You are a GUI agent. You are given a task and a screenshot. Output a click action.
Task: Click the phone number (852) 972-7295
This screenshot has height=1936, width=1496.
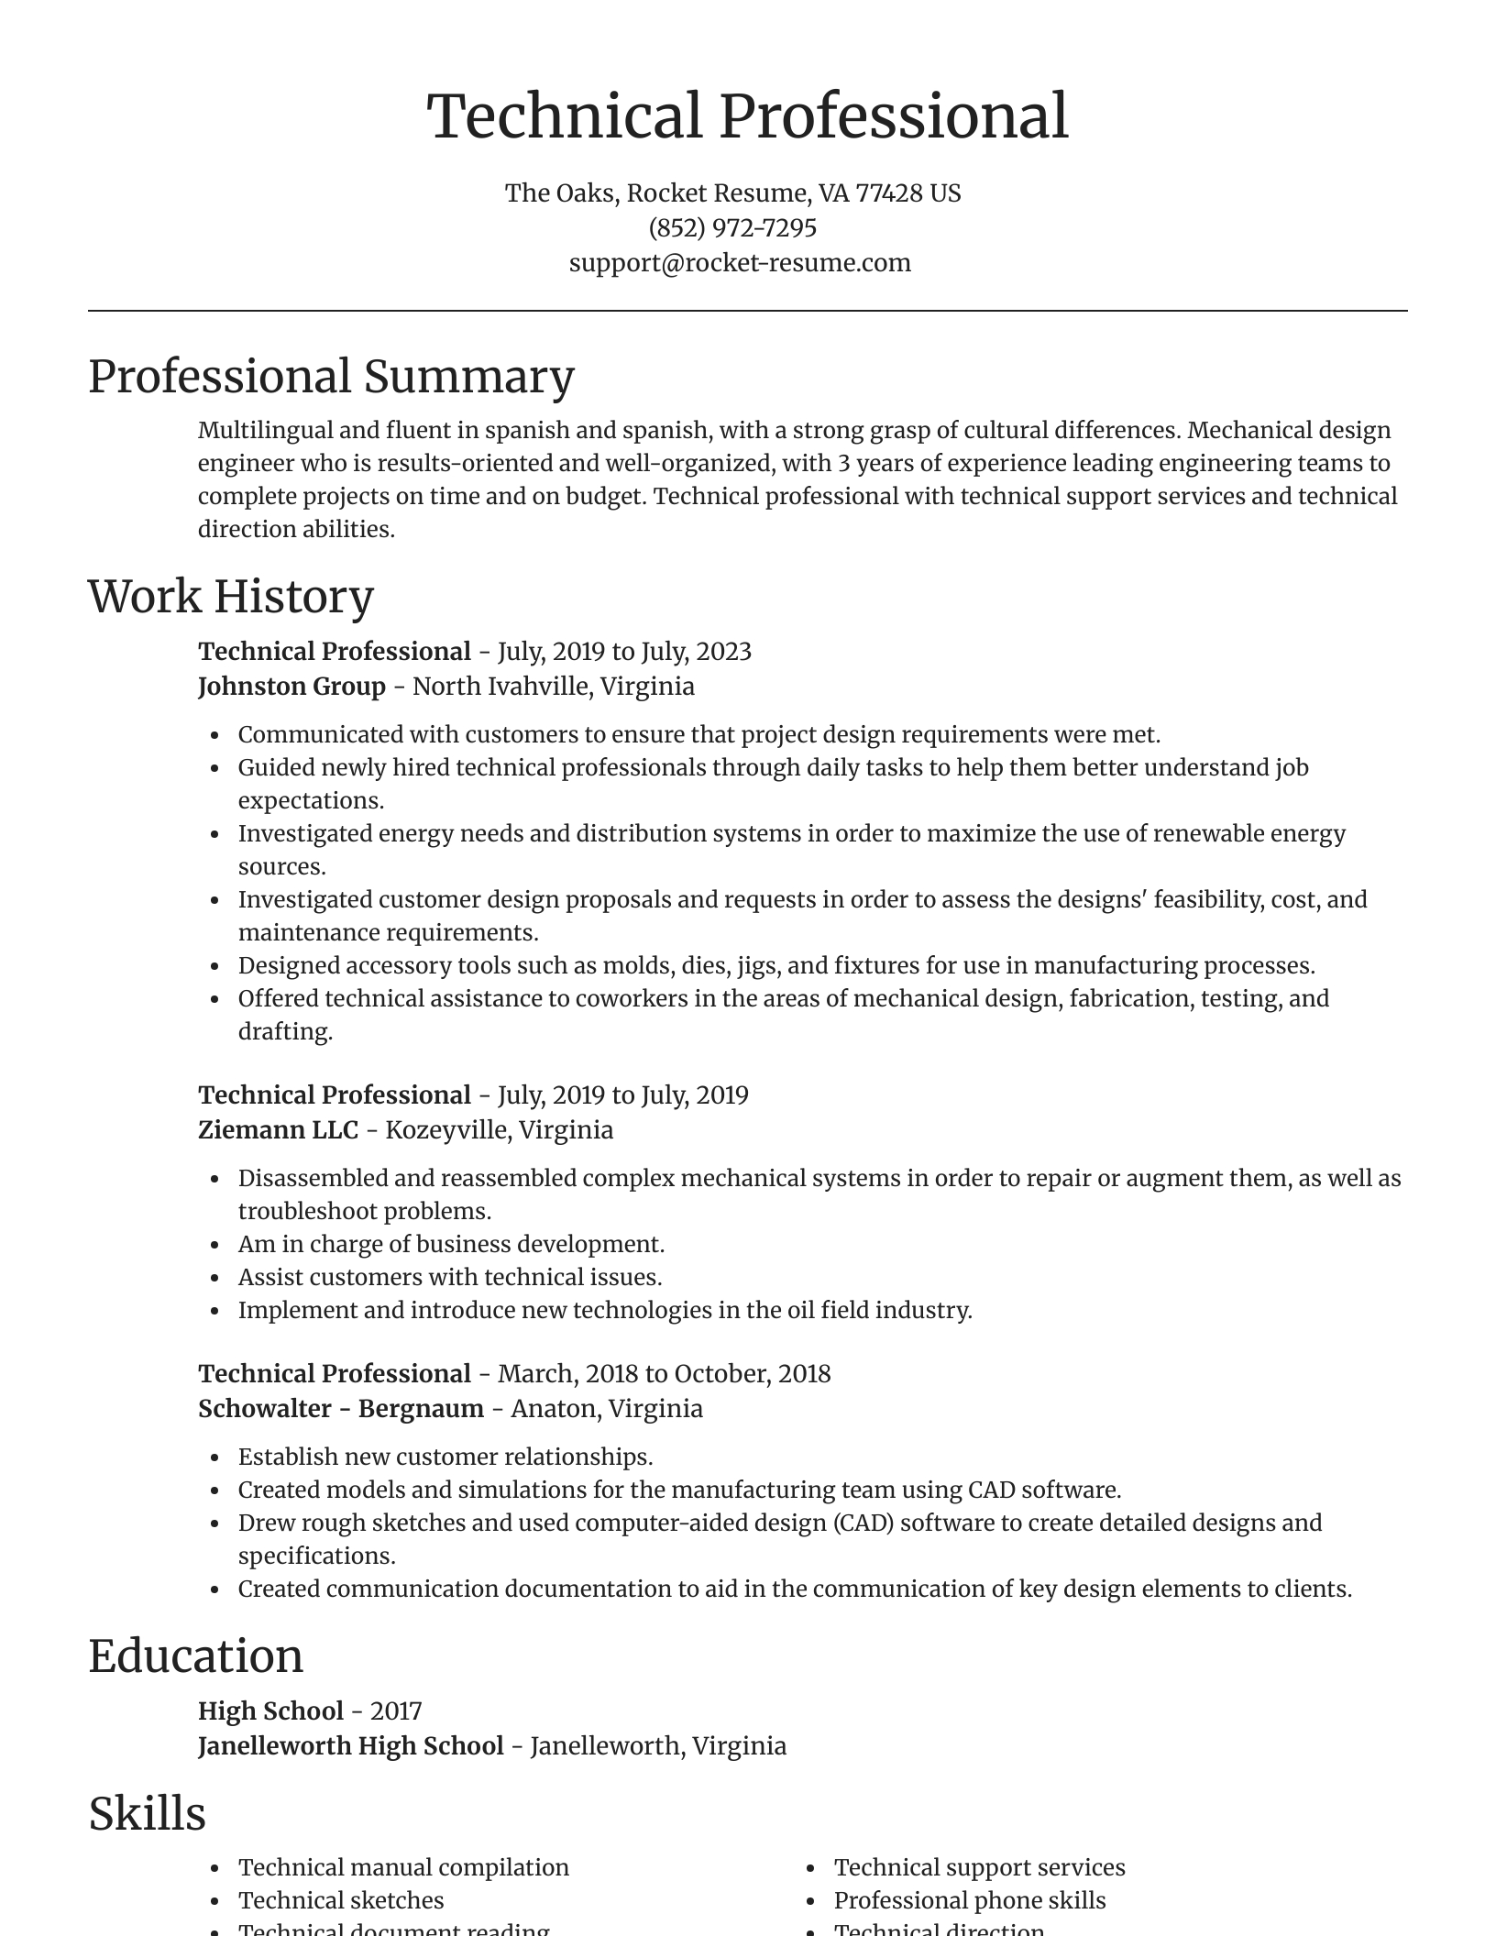point(732,227)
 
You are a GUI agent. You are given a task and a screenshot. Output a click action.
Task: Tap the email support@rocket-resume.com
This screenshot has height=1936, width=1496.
point(740,262)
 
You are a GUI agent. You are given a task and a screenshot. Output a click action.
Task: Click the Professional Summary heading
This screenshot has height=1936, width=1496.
point(331,377)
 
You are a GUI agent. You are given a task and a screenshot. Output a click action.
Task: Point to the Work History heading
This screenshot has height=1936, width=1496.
point(231,597)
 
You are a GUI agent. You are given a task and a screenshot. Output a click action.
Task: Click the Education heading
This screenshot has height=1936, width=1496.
point(195,1656)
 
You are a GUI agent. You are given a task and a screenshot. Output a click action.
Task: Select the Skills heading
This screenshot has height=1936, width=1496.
point(147,1814)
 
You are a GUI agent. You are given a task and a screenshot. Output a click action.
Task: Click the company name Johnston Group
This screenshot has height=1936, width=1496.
point(291,686)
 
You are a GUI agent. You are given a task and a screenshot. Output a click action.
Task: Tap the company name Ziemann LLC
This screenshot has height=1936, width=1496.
point(278,1129)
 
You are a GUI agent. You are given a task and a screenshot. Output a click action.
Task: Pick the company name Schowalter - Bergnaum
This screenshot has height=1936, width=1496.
point(341,1408)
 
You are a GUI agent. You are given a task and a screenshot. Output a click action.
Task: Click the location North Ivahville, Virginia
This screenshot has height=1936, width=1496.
point(554,686)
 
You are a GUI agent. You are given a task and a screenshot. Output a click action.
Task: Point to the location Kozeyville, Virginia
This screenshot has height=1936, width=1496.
point(499,1129)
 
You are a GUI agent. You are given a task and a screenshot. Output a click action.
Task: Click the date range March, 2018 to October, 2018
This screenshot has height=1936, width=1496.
point(664,1373)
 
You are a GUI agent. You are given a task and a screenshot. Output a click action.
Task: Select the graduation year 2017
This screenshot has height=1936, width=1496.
point(396,1710)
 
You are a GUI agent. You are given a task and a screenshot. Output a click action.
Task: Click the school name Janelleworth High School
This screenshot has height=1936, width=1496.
point(351,1745)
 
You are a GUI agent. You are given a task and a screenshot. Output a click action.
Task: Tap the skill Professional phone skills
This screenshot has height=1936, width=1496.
point(970,1900)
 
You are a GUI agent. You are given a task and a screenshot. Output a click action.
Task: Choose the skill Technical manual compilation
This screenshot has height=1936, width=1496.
point(403,1867)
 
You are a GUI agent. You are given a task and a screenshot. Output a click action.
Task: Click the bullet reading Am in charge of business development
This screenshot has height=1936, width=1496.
point(451,1244)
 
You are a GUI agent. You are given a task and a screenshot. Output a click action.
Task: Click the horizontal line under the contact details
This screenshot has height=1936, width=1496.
point(748,312)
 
